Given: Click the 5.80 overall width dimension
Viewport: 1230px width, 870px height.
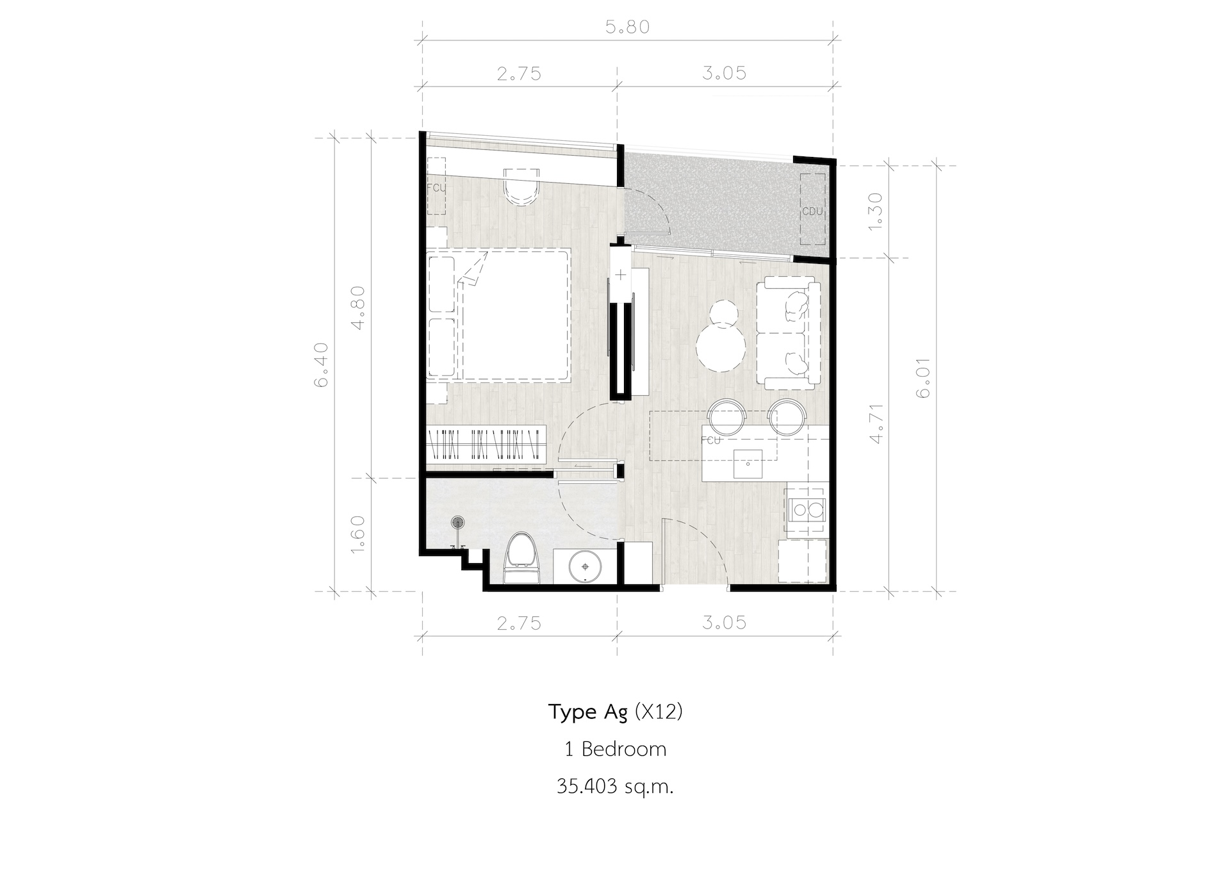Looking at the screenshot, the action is [627, 27].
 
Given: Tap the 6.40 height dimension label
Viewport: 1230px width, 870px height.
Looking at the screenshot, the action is [321, 365].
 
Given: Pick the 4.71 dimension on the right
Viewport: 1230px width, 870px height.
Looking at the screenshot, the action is [877, 423].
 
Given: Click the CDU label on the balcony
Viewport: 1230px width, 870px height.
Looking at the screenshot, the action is [812, 211].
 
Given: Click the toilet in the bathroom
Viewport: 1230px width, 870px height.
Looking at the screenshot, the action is [522, 559].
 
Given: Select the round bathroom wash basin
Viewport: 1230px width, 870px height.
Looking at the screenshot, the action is [585, 566].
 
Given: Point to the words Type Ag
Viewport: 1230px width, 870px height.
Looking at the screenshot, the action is [588, 712].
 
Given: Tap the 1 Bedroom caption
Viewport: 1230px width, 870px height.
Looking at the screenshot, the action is [615, 749].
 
